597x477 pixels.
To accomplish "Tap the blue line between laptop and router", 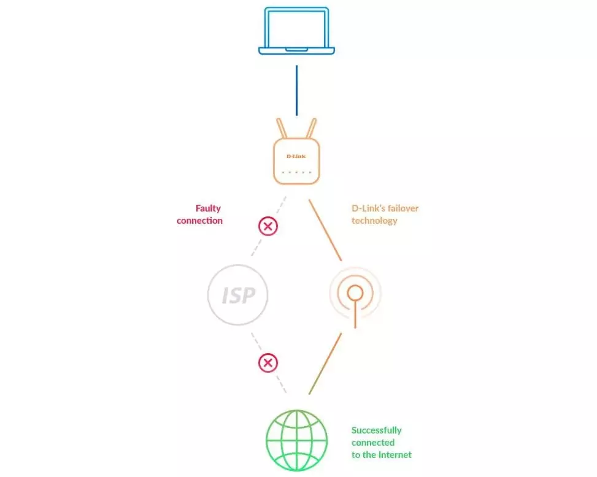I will pyautogui.click(x=296, y=90).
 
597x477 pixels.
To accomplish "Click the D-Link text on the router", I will pyautogui.click(x=296, y=156).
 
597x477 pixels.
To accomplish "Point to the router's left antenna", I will pyautogui.click(x=282, y=129).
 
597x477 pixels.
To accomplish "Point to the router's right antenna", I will pyautogui.click(x=310, y=129).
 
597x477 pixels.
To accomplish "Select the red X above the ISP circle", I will pyautogui.click(x=268, y=226).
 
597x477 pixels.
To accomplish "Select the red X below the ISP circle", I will pyautogui.click(x=268, y=363).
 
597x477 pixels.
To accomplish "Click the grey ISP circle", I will pyautogui.click(x=238, y=295).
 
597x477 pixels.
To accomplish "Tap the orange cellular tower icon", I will pyautogui.click(x=355, y=294).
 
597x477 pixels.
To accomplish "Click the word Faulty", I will pyautogui.click(x=208, y=208).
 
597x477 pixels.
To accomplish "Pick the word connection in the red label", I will pyautogui.click(x=199, y=221).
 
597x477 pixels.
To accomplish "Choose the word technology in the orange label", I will pyautogui.click(x=374, y=221).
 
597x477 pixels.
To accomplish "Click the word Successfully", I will pyautogui.click(x=376, y=430).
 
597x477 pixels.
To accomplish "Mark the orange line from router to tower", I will pyautogui.click(x=325, y=230).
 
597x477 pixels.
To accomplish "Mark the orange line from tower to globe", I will pyautogui.click(x=325, y=364).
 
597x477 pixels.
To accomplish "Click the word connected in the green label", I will pyautogui.click(x=373, y=443).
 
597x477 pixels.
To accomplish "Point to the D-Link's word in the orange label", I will pyautogui.click(x=367, y=208).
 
